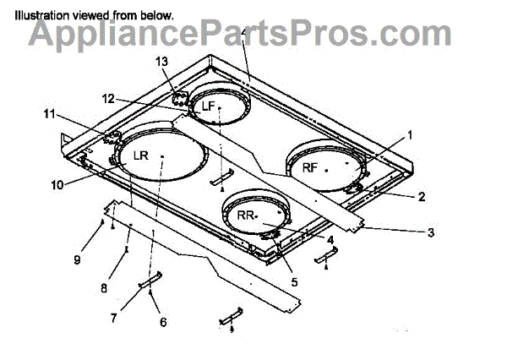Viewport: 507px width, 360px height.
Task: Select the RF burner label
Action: click(x=310, y=167)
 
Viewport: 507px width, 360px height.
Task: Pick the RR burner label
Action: click(x=246, y=216)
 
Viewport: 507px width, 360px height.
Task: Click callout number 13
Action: click(x=162, y=62)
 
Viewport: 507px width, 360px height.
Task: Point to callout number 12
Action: click(x=108, y=99)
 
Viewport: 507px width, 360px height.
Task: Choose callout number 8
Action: click(x=103, y=287)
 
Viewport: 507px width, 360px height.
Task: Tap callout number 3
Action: click(x=430, y=231)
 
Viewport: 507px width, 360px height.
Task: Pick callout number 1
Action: click(x=410, y=134)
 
